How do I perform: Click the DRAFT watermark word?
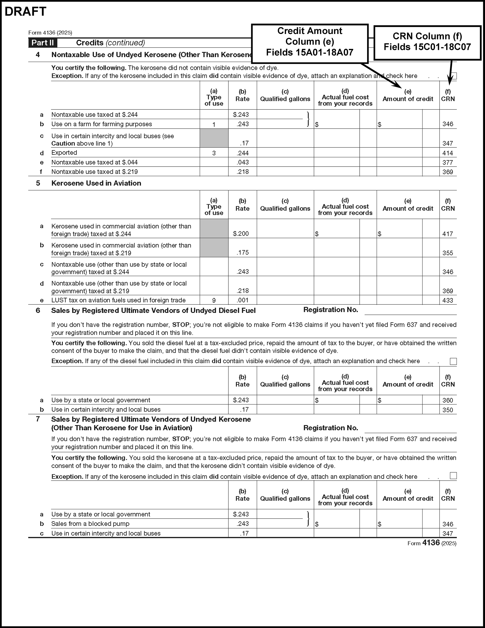point(25,11)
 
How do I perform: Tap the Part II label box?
point(42,43)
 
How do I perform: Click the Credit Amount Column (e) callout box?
point(310,42)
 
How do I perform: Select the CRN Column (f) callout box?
point(427,41)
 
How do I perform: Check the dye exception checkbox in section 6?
point(453,362)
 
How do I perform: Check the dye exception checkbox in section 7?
point(453,476)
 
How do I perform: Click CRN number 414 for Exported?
point(448,153)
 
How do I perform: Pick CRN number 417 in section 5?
point(448,234)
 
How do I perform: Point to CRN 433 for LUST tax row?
point(448,300)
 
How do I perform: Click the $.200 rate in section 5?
point(241,234)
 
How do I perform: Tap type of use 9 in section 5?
point(214,300)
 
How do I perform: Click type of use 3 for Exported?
point(214,153)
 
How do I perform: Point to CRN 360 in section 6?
point(448,400)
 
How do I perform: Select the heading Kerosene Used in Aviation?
point(96,183)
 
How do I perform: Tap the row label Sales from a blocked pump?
point(90,524)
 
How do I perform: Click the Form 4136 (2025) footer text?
point(432,543)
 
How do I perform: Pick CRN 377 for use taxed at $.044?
point(448,163)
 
